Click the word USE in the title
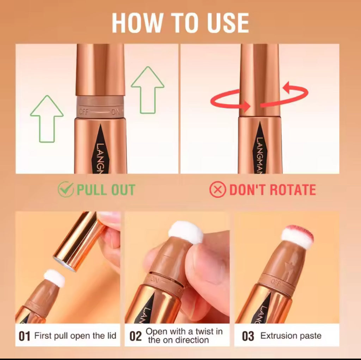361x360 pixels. [228, 23]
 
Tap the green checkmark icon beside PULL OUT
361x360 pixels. [66, 189]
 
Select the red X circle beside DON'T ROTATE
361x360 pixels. [218, 190]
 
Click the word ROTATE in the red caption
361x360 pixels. [293, 190]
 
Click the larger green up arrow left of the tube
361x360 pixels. [47, 119]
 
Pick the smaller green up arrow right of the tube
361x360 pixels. [148, 90]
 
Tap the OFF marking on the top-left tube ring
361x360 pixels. [84, 112]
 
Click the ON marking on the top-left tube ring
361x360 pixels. [116, 112]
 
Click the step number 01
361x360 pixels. [24, 336]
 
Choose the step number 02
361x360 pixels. [135, 336]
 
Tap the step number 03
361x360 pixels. [248, 336]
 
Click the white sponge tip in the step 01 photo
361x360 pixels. [54, 278]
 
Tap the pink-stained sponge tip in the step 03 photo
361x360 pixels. [298, 237]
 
